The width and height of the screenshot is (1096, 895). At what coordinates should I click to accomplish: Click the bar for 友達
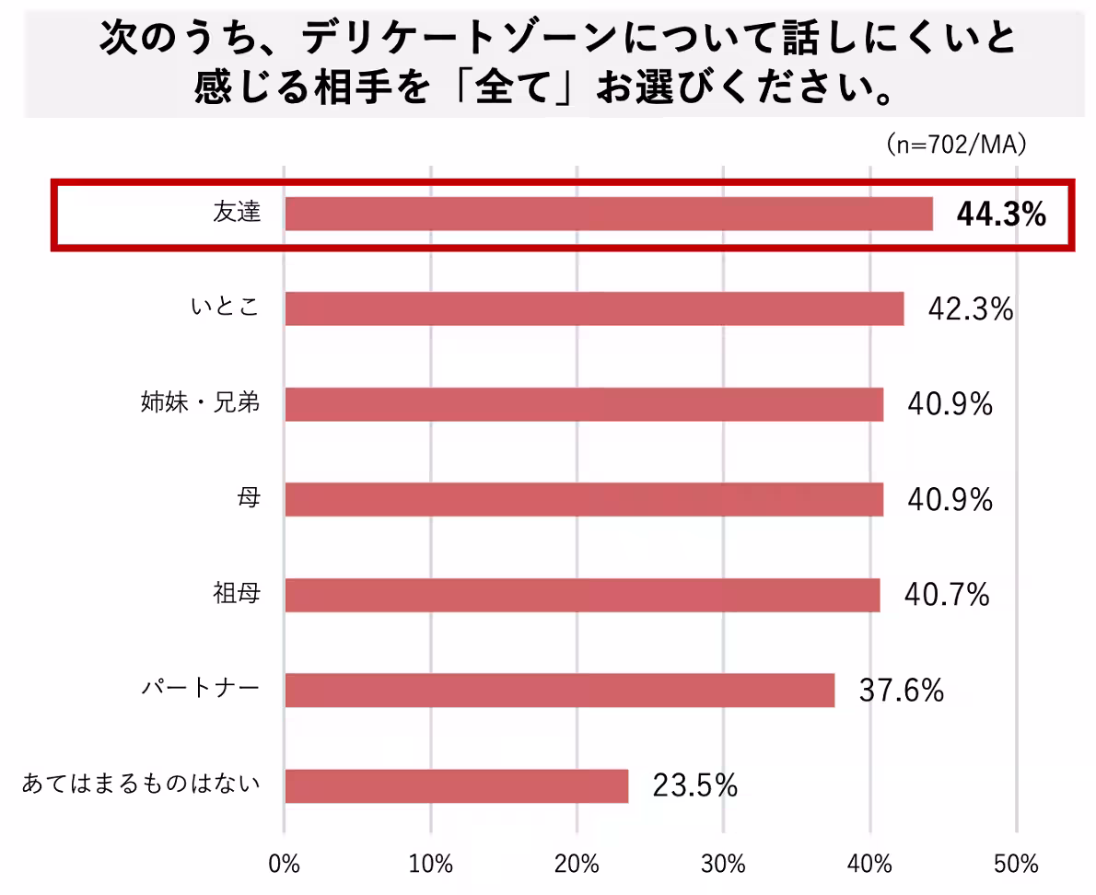click(x=608, y=214)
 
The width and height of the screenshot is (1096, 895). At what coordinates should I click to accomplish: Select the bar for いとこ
click(x=594, y=308)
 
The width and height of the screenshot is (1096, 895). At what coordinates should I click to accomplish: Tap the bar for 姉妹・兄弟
click(x=584, y=404)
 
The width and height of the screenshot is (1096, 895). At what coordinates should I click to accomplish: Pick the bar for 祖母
click(x=582, y=595)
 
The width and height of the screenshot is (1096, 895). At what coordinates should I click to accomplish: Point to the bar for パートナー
click(x=559, y=690)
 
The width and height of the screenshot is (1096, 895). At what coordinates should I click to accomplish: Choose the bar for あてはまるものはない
click(x=456, y=785)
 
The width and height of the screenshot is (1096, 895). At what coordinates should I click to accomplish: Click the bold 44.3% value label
click(x=1001, y=215)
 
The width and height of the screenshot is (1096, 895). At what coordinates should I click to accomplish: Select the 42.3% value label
click(x=970, y=309)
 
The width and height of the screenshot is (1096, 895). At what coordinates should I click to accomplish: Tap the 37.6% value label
click(x=901, y=690)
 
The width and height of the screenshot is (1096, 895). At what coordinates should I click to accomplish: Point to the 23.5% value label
click(x=694, y=785)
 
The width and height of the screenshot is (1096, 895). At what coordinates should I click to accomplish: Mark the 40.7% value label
click(x=946, y=595)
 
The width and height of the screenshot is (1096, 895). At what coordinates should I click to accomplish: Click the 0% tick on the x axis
click(x=285, y=865)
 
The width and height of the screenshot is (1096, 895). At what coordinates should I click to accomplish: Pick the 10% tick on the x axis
click(x=431, y=865)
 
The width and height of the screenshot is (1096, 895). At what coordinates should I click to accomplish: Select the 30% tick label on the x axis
click(x=723, y=865)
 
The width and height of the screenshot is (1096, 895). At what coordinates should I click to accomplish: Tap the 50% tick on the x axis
click(x=1016, y=865)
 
